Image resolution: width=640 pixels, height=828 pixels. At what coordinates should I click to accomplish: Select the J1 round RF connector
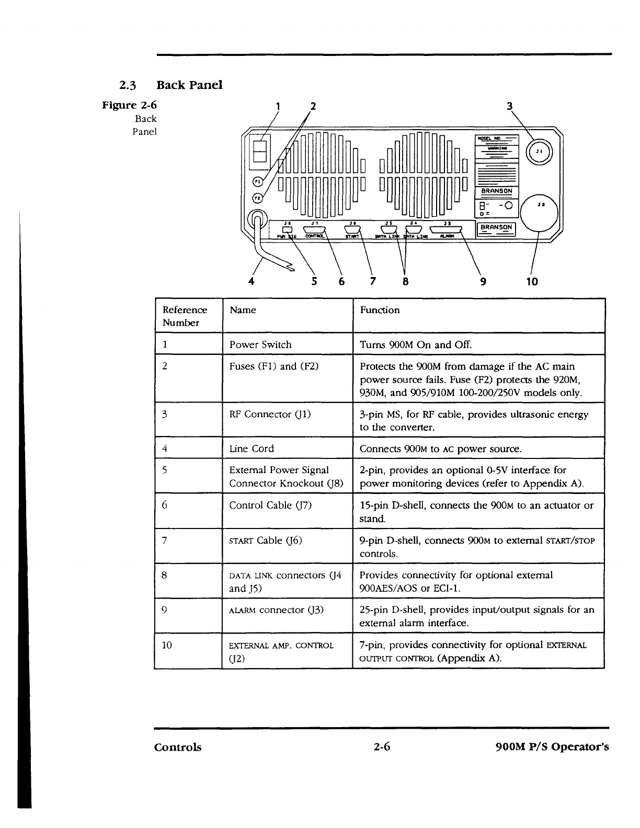tap(539, 152)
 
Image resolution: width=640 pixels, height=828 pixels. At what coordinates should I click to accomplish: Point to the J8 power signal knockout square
tap(287, 229)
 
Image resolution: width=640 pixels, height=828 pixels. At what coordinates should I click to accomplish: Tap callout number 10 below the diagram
tap(532, 282)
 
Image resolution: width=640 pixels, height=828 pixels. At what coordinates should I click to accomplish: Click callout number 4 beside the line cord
tap(252, 281)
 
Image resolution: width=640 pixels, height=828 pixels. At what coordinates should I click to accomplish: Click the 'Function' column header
tap(380, 310)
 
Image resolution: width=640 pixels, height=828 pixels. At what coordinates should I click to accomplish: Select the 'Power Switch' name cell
tap(260, 344)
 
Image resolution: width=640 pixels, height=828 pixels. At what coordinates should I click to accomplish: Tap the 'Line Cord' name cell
tap(252, 448)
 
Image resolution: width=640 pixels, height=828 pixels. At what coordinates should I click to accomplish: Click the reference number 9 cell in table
tap(165, 609)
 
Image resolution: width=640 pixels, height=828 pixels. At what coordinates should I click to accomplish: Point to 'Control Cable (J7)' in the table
tap(270, 505)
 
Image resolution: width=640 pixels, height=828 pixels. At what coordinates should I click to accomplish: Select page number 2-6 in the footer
tap(382, 746)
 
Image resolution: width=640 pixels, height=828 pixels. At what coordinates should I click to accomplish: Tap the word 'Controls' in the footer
tap(178, 747)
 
